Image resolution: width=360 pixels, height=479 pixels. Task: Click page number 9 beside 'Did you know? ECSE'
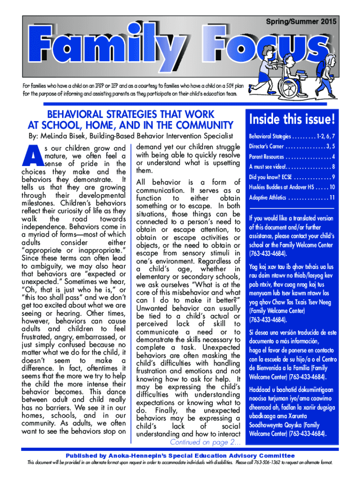[333, 177]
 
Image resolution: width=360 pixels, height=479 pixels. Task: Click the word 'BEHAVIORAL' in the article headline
[74, 114]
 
